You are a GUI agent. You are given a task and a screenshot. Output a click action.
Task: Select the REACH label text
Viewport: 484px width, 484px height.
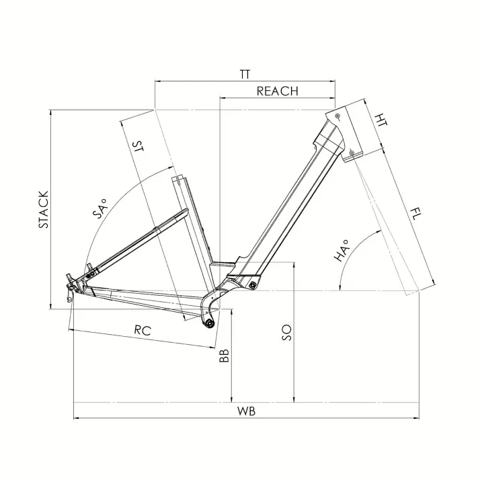[x=277, y=91]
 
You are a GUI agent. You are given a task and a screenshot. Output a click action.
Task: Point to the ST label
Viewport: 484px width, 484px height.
[x=138, y=149]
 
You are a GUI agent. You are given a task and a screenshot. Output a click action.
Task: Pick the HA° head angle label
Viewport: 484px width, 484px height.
[x=344, y=250]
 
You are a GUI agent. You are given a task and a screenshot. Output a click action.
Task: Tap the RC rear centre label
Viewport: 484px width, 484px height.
[x=142, y=329]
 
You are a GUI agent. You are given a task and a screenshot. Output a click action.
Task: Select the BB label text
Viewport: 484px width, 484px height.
[x=225, y=356]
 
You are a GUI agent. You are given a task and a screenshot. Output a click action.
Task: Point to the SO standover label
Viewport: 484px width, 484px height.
[x=286, y=331]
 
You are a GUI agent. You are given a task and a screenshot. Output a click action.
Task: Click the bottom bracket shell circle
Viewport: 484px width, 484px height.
[x=209, y=324]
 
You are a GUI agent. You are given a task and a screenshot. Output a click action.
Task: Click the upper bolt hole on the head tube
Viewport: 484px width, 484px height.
[x=337, y=116]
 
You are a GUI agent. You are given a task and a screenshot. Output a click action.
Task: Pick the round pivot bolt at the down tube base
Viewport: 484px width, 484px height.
[x=253, y=286]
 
